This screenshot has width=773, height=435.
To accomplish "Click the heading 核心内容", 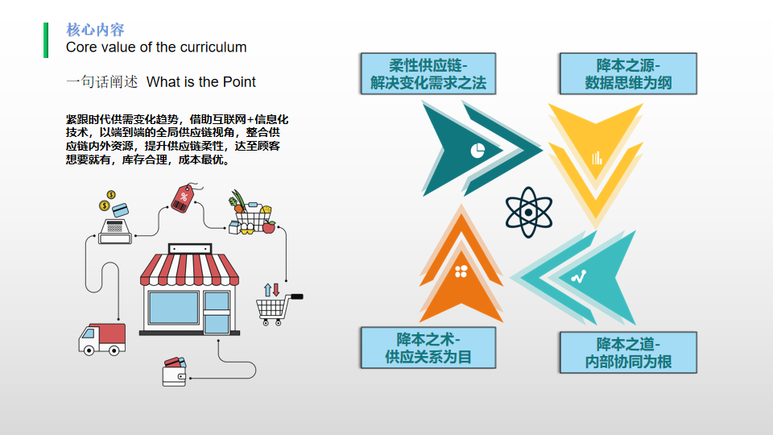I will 95,30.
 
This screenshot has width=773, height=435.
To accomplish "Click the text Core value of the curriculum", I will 156,48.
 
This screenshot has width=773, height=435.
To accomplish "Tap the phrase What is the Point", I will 201,82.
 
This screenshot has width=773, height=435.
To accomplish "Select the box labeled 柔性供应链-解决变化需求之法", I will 428,74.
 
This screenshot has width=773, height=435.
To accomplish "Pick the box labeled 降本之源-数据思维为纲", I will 628,74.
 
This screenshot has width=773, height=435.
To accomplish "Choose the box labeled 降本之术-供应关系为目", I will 428,348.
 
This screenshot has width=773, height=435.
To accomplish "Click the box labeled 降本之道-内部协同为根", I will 628,353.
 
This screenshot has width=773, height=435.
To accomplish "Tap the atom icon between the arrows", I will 528,213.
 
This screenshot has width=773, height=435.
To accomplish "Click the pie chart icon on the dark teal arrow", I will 477,150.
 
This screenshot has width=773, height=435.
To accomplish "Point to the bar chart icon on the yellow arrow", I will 597,158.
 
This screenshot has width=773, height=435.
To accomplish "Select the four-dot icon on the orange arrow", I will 461,271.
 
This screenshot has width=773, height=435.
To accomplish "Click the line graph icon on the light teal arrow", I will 578,277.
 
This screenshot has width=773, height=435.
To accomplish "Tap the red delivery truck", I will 102,338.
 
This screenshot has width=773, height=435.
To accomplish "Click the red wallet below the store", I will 175,371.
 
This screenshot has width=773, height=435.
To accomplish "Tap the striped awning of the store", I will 190,269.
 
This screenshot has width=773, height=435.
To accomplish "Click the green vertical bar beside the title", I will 46,40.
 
